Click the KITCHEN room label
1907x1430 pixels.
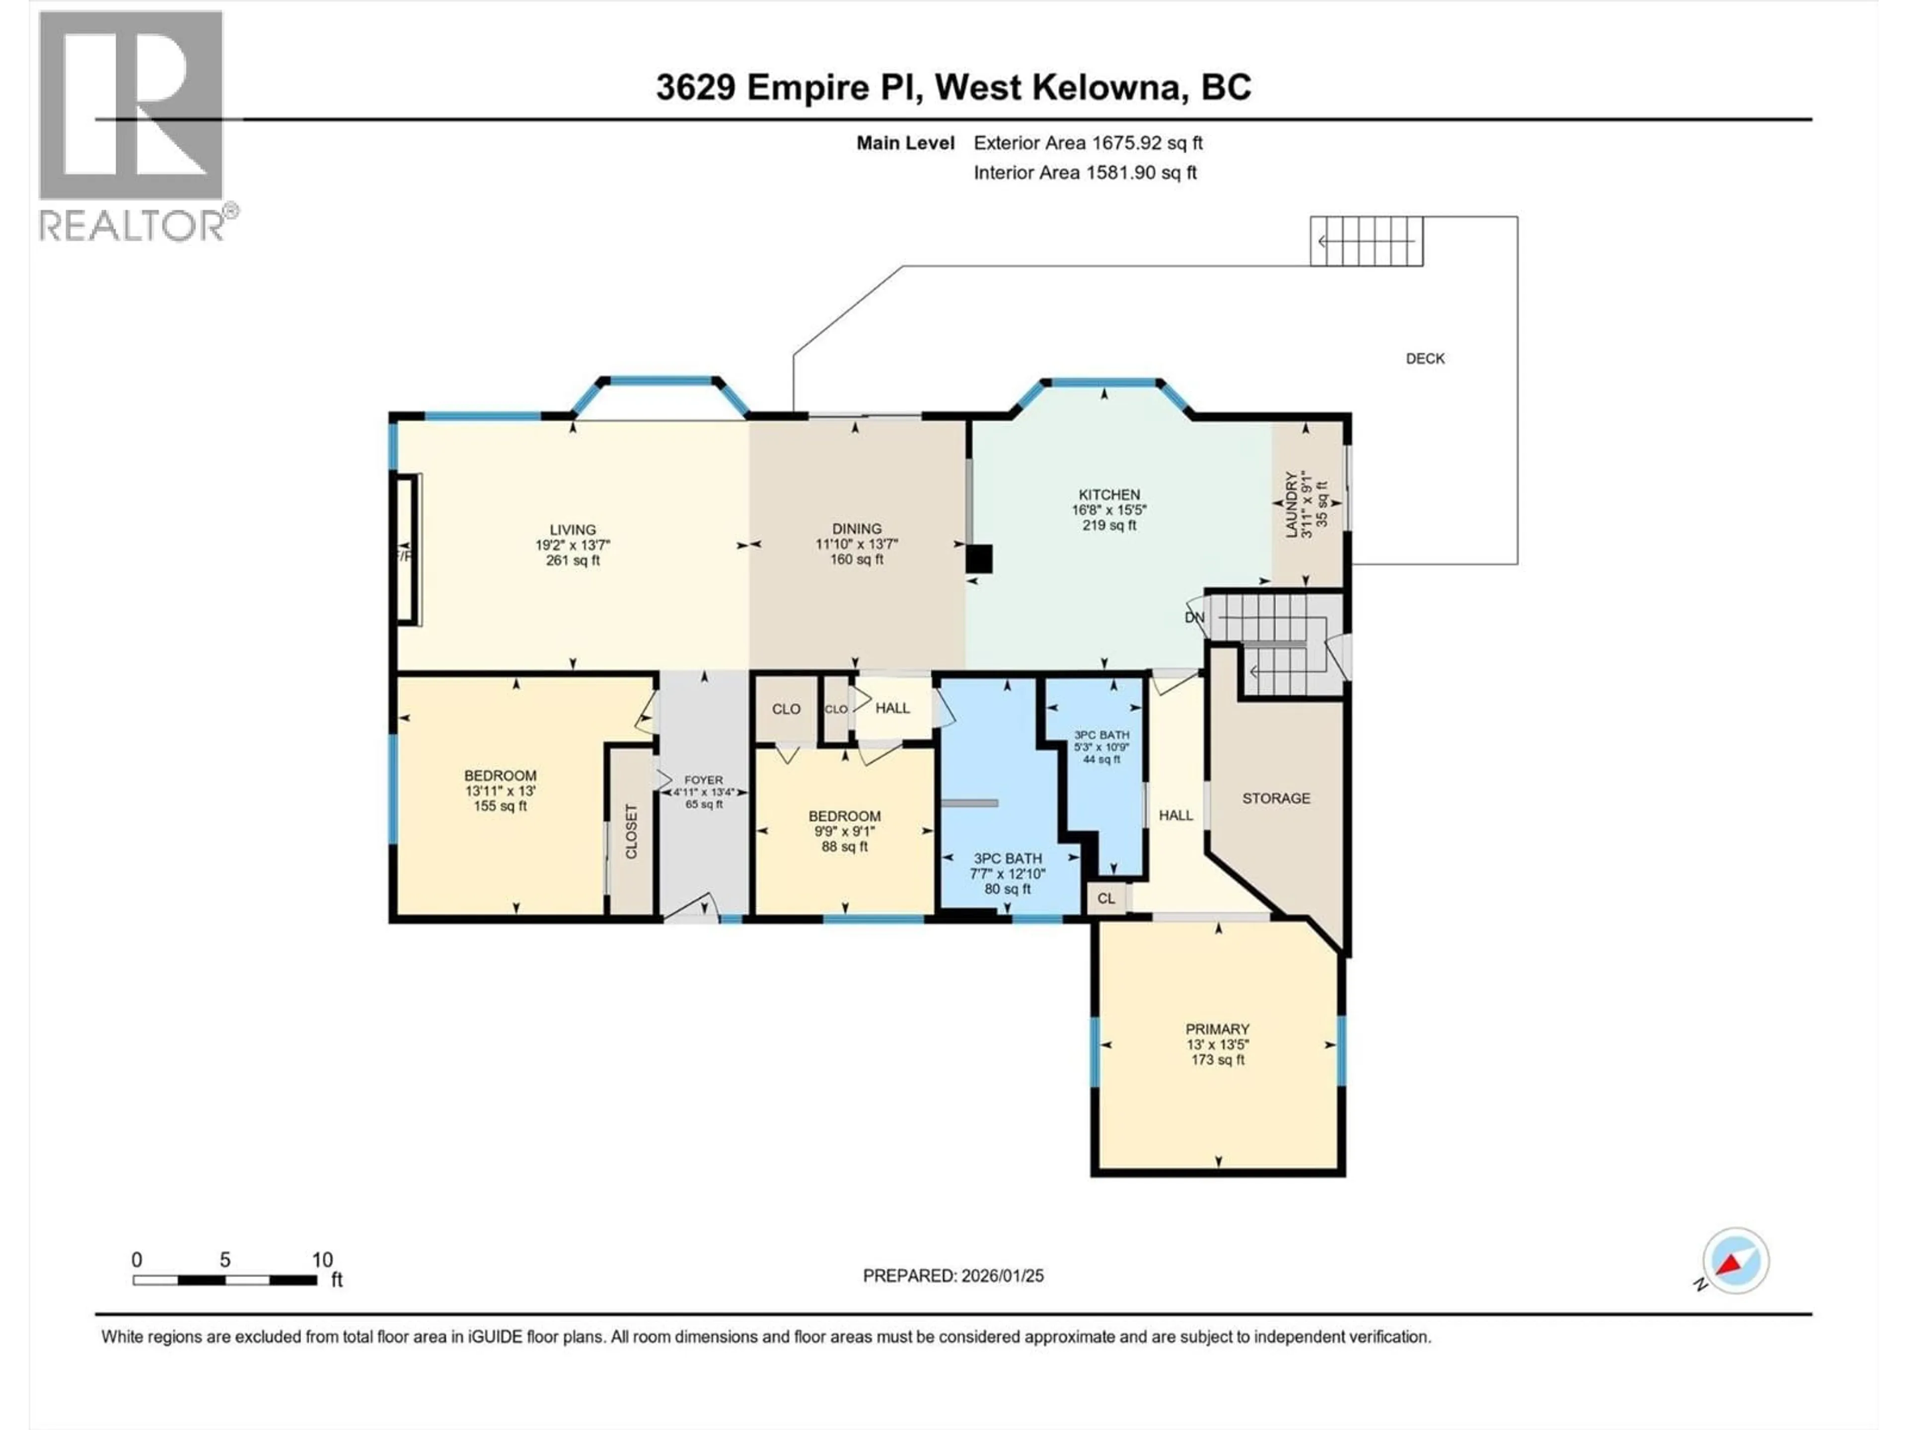1108,495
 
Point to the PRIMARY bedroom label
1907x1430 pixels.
1216,1029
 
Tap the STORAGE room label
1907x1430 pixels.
1275,798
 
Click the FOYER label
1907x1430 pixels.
704,779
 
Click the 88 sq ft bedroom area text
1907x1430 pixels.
844,847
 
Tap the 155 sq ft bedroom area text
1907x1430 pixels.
500,806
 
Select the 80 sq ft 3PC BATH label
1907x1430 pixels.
1007,858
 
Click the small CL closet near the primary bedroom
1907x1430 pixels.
1106,898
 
